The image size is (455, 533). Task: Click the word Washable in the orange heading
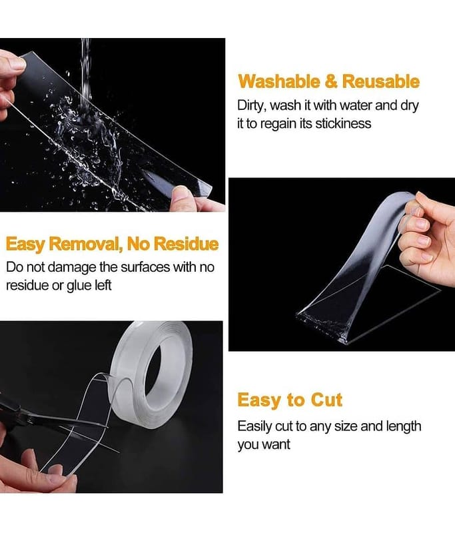pos(279,81)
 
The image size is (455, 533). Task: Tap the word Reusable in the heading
pos(380,81)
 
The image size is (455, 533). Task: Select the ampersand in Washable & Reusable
pos(331,82)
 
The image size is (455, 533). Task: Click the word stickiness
pos(343,123)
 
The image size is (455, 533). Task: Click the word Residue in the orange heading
pos(187,244)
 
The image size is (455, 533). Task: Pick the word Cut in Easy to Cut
pos(326,400)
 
